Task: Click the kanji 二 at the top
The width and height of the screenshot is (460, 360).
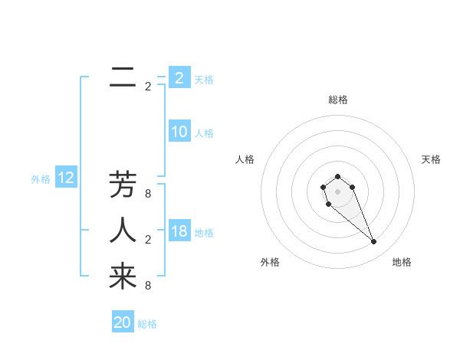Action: coord(123,80)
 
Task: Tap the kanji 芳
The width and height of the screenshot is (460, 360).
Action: coord(123,185)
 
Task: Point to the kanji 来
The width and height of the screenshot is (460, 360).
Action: coord(123,277)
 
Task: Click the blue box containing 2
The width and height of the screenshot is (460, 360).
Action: coord(179,77)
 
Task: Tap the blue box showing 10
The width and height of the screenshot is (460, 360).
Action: coord(179,132)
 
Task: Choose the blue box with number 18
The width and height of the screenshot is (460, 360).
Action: coord(179,231)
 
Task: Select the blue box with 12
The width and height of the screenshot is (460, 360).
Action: coord(66,178)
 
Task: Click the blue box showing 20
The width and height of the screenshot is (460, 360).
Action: coord(123,322)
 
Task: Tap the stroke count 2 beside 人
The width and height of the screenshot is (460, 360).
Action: coord(148,240)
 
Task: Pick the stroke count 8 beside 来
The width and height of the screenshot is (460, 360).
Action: coord(148,286)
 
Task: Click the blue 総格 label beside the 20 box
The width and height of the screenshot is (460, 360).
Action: coord(147,324)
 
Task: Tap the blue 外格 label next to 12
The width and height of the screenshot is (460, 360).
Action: coord(41,179)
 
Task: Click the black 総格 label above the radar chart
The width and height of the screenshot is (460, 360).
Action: coord(337,100)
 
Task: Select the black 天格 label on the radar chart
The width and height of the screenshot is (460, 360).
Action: coord(431,159)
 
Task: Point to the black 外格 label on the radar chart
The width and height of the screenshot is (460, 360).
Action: coord(270,262)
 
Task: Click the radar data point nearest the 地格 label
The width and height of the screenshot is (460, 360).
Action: coord(373,242)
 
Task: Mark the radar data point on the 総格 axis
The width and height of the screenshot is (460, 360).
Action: coord(337,176)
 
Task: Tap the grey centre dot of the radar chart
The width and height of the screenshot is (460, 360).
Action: coord(337,191)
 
